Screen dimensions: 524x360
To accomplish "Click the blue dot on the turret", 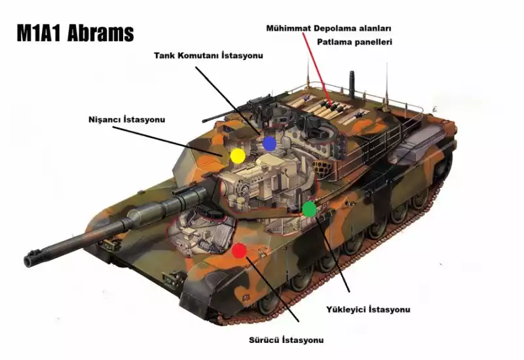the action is pyautogui.click(x=269, y=143).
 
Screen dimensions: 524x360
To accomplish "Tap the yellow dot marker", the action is pyautogui.click(x=238, y=156).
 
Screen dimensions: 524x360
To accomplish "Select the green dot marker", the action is pyautogui.click(x=309, y=209).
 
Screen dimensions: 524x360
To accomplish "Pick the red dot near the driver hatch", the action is pyautogui.click(x=239, y=251).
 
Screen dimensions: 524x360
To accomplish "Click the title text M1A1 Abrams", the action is pyautogui.click(x=75, y=33).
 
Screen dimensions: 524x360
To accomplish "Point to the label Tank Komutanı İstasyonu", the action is pyautogui.click(x=208, y=56).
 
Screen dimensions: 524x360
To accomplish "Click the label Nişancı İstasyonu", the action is pyautogui.click(x=126, y=119).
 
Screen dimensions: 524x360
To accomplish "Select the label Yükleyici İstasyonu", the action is pyautogui.click(x=368, y=309).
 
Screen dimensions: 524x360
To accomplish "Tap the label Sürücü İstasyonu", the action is pyautogui.click(x=286, y=340).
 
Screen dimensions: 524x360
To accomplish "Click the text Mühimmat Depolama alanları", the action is pyautogui.click(x=329, y=28).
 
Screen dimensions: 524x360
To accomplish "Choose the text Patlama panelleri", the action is pyautogui.click(x=354, y=42).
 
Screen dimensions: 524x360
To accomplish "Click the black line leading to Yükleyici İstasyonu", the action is pyautogui.click(x=332, y=255).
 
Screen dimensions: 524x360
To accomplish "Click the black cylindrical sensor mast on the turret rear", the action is pyautogui.click(x=352, y=84).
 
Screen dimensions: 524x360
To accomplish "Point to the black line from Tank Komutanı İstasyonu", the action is pyautogui.click(x=227, y=100).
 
